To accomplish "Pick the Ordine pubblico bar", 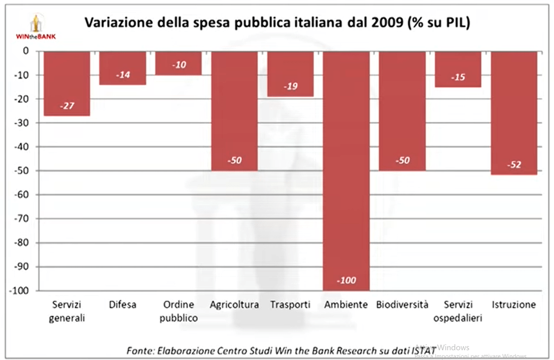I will tap(179, 63).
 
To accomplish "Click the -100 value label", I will tap(346, 280).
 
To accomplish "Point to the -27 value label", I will tap(67, 106).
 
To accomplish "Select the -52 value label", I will tap(514, 165).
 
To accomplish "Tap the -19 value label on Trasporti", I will tap(291, 86).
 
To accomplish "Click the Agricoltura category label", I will tap(234, 305).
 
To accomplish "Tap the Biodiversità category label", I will tap(402, 305).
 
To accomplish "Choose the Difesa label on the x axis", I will tap(122, 305).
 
